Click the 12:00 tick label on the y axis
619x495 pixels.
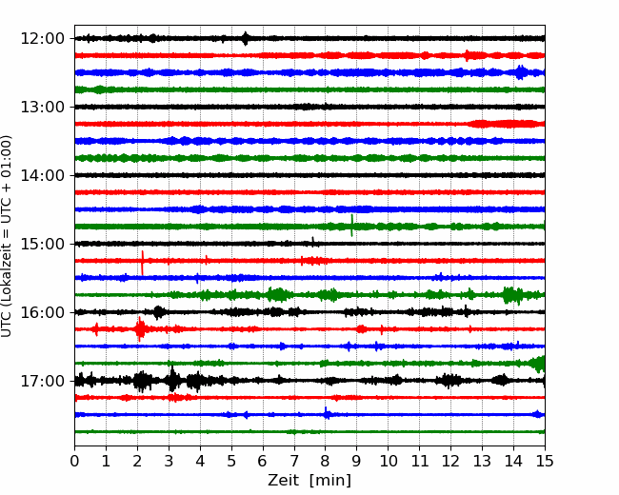pyautogui.click(x=42, y=39)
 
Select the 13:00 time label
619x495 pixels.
pyautogui.click(x=42, y=107)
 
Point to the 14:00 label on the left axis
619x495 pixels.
pyautogui.click(x=42, y=175)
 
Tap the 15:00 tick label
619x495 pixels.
pyautogui.click(x=42, y=244)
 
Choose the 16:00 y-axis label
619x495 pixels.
pyautogui.click(x=42, y=312)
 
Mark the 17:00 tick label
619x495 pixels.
pyautogui.click(x=42, y=381)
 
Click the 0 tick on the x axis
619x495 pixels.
pyautogui.click(x=74, y=461)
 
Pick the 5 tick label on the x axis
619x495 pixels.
pyautogui.click(x=231, y=461)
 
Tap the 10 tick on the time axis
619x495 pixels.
pyautogui.click(x=388, y=461)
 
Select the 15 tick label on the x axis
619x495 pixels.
pyautogui.click(x=545, y=461)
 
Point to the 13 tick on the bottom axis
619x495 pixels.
pyautogui.click(x=482, y=461)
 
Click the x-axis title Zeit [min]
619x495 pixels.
pyautogui.click(x=309, y=481)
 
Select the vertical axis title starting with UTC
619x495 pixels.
pyautogui.click(x=7, y=236)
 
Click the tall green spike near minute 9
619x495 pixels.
pyautogui.click(x=351, y=226)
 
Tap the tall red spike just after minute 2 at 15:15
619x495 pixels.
pyautogui.click(x=142, y=263)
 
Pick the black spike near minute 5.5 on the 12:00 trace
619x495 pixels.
pyautogui.click(x=246, y=39)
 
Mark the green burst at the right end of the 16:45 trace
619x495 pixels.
pyautogui.click(x=538, y=364)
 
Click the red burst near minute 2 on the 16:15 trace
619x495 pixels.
pyautogui.click(x=140, y=328)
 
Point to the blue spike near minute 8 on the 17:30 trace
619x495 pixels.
pyautogui.click(x=326, y=413)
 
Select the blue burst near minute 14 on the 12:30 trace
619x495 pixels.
pyautogui.click(x=521, y=72)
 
